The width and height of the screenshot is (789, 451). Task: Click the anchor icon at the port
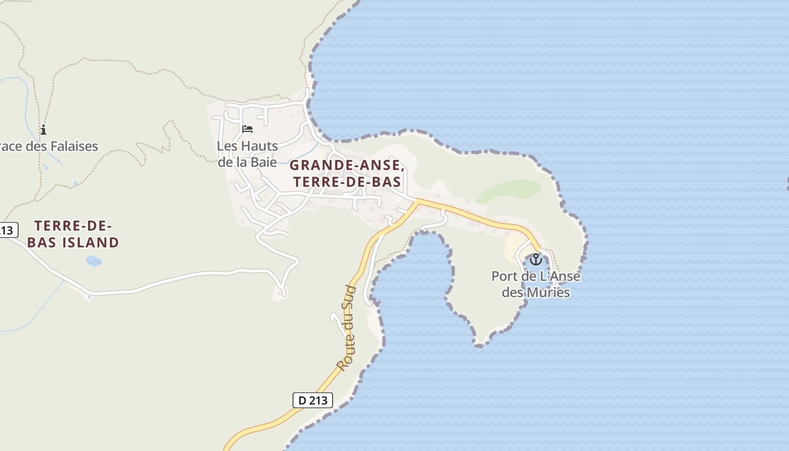coord(535,259)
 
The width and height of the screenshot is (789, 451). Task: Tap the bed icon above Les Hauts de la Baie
coord(247,129)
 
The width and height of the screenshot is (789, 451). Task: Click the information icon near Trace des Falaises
coord(43,130)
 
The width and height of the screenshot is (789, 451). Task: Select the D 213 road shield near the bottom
coord(313,401)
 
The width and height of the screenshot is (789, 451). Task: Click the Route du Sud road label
coord(347,328)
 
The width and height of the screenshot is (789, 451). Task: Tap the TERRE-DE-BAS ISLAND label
coord(73,235)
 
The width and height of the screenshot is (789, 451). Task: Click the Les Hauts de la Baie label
coord(247,154)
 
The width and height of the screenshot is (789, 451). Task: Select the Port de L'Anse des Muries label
coord(535,284)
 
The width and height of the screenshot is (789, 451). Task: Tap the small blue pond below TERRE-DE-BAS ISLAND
coord(94,261)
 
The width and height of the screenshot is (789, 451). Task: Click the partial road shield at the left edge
coord(8,230)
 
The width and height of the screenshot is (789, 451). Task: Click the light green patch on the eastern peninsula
coord(511,190)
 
